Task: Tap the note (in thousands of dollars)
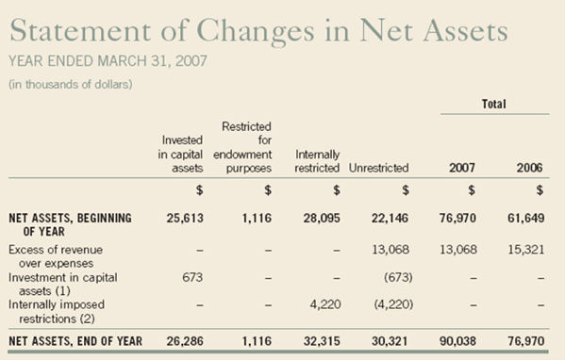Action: (x=73, y=86)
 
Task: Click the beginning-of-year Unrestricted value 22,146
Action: (x=389, y=218)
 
